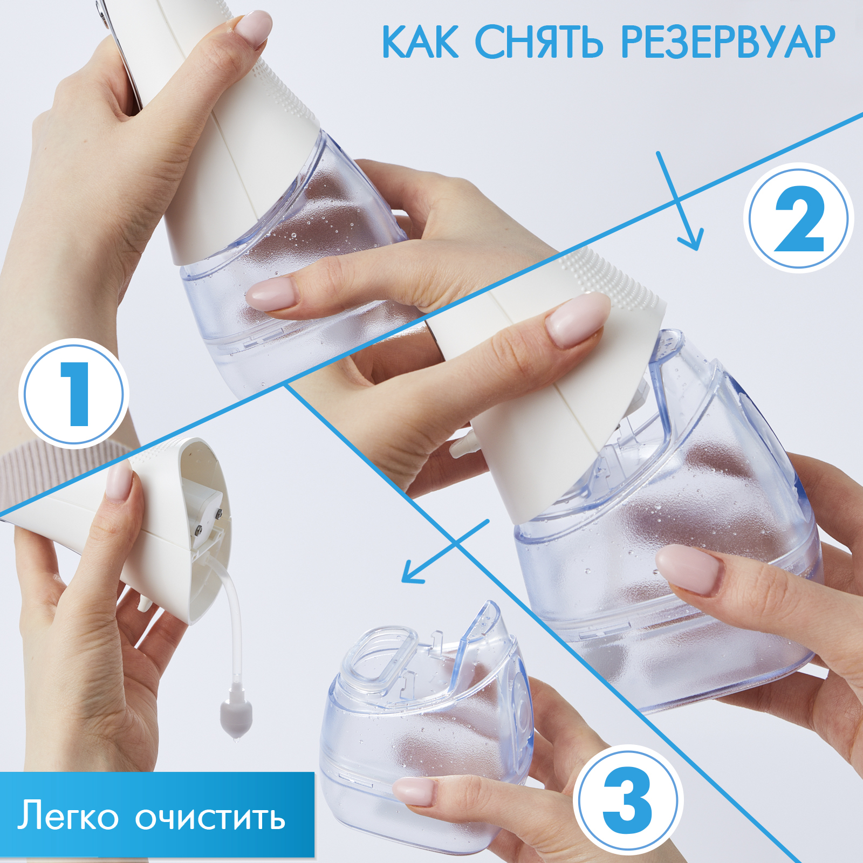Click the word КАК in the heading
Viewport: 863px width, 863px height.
click(x=421, y=42)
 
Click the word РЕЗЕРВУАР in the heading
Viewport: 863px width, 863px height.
click(x=728, y=42)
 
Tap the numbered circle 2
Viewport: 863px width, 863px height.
click(x=799, y=218)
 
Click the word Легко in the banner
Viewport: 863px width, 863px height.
click(x=68, y=816)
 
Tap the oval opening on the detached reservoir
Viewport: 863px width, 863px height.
click(x=378, y=655)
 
